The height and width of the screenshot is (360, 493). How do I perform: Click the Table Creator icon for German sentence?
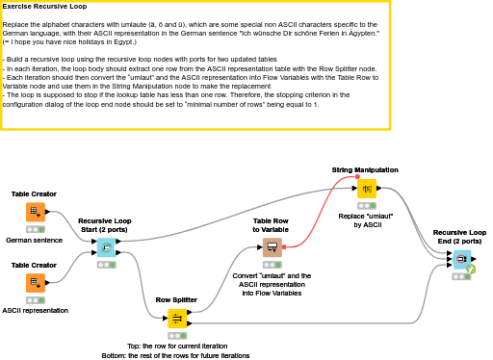[x=35, y=212]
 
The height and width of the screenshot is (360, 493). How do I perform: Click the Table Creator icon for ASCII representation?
[x=35, y=283]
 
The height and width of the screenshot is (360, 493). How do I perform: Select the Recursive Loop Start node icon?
[x=105, y=248]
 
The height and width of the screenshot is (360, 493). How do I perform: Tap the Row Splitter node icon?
[x=177, y=319]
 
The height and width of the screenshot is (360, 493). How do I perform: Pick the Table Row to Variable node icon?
[x=272, y=247]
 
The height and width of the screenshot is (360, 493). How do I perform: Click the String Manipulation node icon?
[x=366, y=188]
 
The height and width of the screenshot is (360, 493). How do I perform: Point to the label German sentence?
[x=35, y=239]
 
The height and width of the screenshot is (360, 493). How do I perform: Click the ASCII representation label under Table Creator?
[x=35, y=310]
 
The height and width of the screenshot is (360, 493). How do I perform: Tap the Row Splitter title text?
[x=177, y=299]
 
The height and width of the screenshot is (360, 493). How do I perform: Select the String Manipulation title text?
[x=365, y=169]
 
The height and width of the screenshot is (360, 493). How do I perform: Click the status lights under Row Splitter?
[x=177, y=336]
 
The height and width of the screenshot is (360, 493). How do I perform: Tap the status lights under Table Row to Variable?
[x=272, y=265]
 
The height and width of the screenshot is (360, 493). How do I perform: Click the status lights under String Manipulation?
[x=366, y=205]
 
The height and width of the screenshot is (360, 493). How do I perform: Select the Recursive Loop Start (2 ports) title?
[x=105, y=224]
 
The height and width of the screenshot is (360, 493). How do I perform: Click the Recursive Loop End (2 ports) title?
[x=459, y=236]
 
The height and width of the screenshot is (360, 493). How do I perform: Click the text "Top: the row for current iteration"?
[x=176, y=346]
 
